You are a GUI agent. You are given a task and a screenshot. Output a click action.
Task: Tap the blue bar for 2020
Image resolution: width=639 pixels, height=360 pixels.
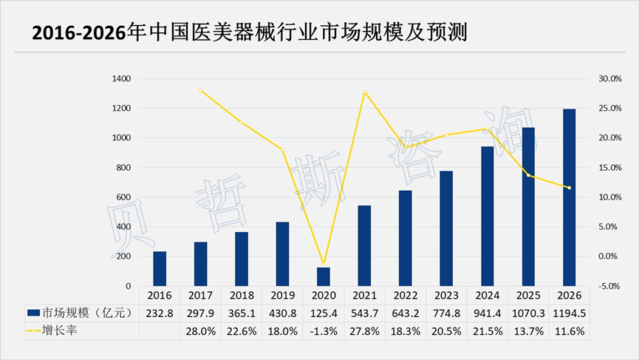(323, 276)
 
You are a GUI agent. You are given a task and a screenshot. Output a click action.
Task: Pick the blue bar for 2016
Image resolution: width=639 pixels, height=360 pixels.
(160, 268)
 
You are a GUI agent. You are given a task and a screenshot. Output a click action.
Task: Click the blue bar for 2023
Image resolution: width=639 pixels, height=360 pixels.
(445, 228)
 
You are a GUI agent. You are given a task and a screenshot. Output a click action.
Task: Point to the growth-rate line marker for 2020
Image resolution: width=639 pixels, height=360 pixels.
(323, 263)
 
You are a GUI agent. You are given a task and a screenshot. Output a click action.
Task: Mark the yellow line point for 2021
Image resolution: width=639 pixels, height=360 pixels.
(364, 92)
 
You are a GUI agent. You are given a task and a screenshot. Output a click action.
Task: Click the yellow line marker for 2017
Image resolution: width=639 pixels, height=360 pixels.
(200, 90)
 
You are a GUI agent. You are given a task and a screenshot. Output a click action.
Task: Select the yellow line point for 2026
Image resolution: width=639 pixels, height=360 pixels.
(569, 188)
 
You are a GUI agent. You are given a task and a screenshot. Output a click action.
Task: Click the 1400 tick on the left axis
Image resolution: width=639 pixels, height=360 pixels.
(121, 78)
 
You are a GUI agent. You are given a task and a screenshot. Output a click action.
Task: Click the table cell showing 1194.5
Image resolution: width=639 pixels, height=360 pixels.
(569, 314)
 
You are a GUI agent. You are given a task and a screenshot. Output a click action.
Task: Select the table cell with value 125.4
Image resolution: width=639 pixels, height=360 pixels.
(323, 314)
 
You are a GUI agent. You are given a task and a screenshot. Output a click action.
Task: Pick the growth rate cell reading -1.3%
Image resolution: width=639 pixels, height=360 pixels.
(323, 332)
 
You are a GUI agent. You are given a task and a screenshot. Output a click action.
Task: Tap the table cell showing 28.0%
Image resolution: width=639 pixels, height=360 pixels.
(200, 332)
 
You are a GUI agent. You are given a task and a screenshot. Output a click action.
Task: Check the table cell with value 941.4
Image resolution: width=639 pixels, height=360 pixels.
(487, 314)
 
